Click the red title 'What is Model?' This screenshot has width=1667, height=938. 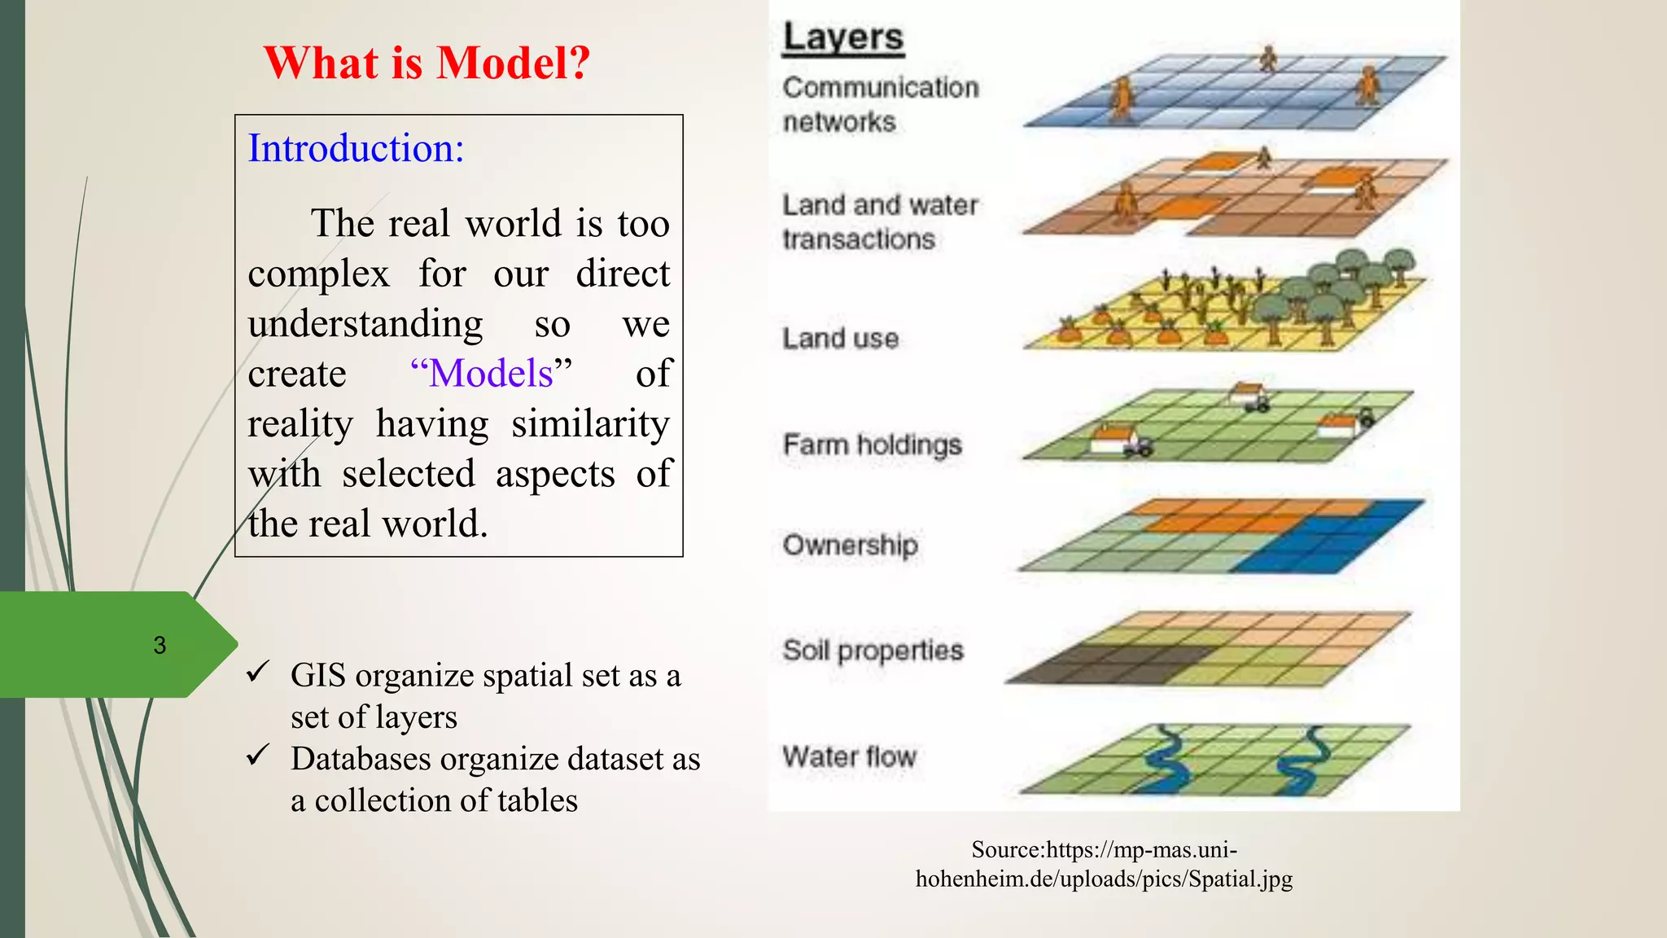click(427, 63)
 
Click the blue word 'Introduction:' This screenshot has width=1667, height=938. click(356, 148)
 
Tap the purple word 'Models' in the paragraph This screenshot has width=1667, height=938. click(491, 374)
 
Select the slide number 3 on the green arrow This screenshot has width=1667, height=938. click(160, 646)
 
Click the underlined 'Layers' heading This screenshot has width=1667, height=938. click(842, 37)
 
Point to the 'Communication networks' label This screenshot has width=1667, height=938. click(880, 104)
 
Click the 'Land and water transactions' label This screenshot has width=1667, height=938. click(880, 221)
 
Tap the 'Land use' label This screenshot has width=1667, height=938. click(840, 338)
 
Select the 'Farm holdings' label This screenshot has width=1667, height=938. click(872, 445)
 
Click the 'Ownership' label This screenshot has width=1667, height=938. click(850, 544)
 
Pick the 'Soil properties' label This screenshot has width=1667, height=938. click(873, 650)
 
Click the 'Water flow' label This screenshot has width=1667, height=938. click(849, 756)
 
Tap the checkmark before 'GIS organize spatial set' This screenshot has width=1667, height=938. click(258, 672)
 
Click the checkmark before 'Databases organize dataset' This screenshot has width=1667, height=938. click(258, 755)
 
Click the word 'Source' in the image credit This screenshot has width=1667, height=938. click(1008, 850)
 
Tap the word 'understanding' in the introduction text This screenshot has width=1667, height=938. click(365, 324)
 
